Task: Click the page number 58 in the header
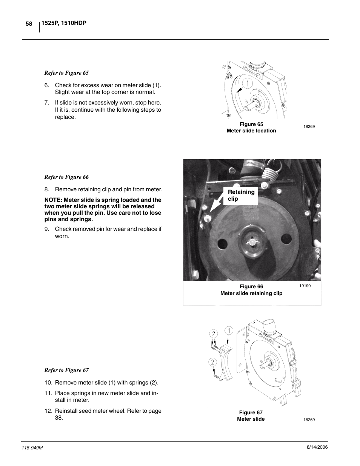pyautogui.click(x=29, y=24)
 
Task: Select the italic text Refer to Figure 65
pyautogui.click(x=66, y=73)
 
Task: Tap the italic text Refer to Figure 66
pyautogui.click(x=66, y=177)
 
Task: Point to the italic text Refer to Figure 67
pyautogui.click(x=66, y=370)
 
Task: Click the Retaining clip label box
pyautogui.click(x=241, y=195)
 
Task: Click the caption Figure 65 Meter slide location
pyautogui.click(x=251, y=128)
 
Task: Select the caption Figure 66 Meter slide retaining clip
pyautogui.click(x=251, y=290)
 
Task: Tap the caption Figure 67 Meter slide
pyautogui.click(x=251, y=416)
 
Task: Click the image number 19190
pyautogui.click(x=305, y=286)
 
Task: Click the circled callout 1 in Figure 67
pyautogui.click(x=229, y=331)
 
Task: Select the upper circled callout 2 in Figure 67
pyautogui.click(x=214, y=334)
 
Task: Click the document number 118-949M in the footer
pyautogui.click(x=34, y=447)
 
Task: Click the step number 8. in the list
pyautogui.click(x=47, y=189)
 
